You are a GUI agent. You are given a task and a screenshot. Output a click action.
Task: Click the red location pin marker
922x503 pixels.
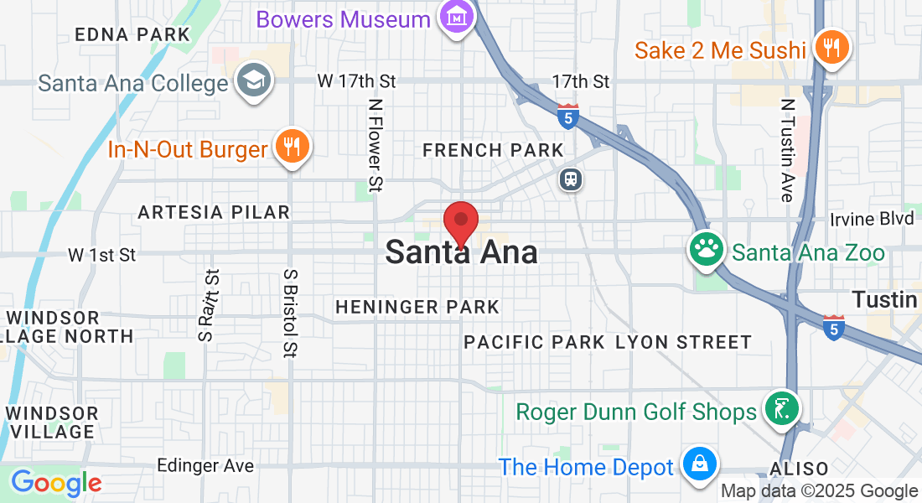tap(460, 223)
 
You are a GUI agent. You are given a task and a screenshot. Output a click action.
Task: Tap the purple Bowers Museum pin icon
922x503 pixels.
tap(457, 17)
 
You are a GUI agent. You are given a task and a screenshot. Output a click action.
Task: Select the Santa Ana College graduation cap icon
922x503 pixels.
tap(251, 81)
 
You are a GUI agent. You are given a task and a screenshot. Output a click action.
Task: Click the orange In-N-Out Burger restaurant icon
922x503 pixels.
tap(292, 148)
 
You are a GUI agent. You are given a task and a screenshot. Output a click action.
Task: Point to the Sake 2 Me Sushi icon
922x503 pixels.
tap(831, 48)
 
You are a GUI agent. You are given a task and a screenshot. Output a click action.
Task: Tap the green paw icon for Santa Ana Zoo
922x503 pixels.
tap(706, 249)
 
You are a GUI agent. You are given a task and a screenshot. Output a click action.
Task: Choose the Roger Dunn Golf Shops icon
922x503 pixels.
tap(781, 410)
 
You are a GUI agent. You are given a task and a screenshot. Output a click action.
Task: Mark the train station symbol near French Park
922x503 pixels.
tap(571, 179)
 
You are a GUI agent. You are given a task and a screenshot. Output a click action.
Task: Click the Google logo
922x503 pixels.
tap(56, 483)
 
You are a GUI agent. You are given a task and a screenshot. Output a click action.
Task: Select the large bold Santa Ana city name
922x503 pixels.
tap(461, 251)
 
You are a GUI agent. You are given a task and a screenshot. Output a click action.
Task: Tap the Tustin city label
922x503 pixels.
tap(886, 299)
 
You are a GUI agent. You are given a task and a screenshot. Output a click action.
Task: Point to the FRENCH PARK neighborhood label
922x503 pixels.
tap(493, 150)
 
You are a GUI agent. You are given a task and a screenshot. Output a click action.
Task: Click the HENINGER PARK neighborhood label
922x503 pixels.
tap(417, 308)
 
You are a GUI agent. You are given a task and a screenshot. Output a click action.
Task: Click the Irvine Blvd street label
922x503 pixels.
tap(872, 219)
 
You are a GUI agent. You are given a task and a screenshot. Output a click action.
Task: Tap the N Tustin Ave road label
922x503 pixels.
tap(786, 151)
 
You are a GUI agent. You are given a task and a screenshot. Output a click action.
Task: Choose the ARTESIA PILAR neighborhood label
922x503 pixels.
tap(214, 212)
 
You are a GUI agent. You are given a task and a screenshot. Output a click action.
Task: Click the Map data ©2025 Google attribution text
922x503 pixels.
tap(819, 491)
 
